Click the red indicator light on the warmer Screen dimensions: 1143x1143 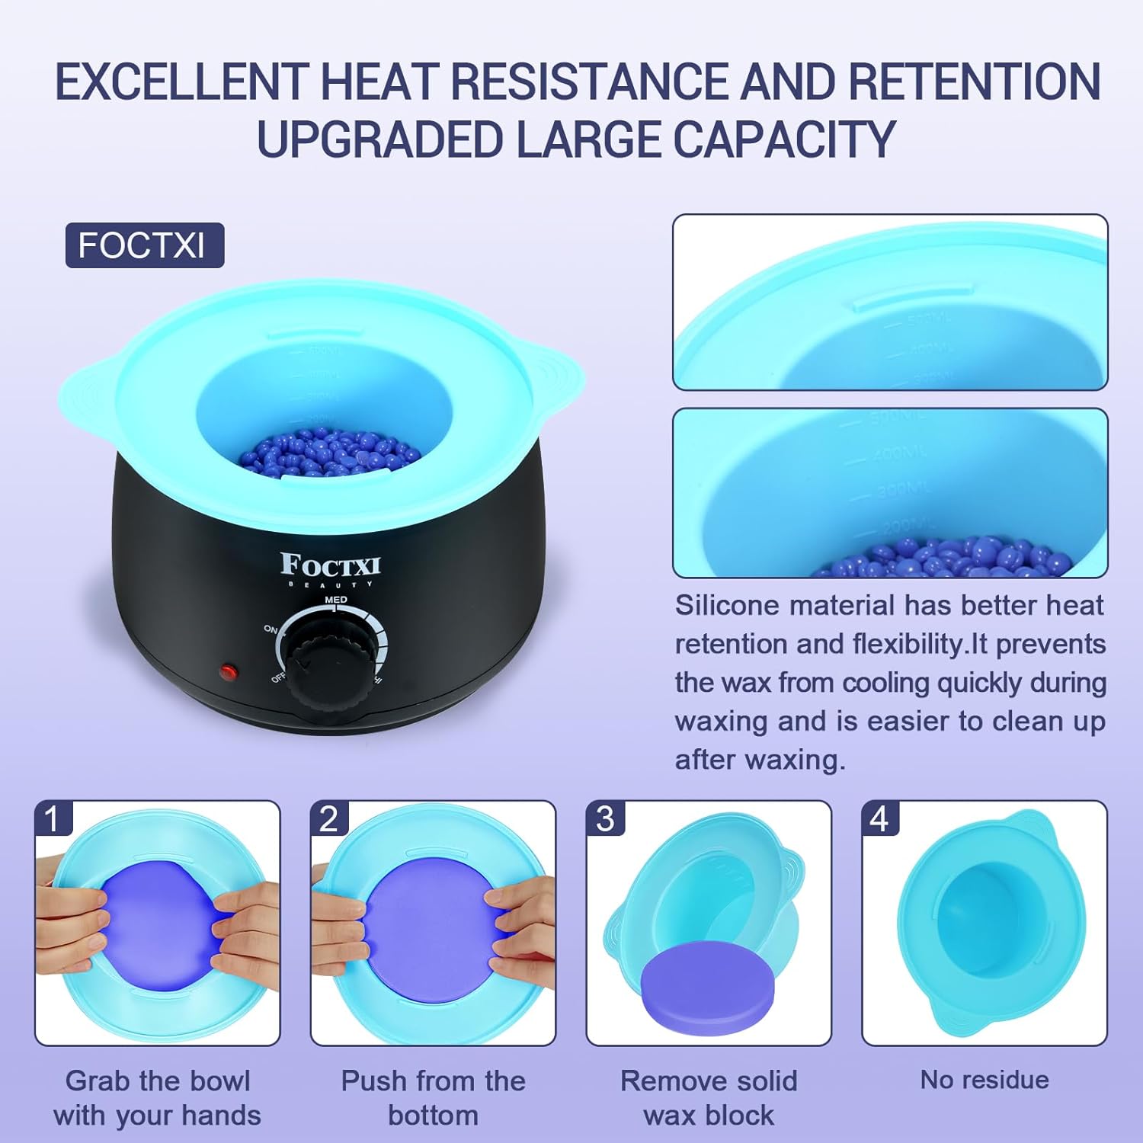click(228, 672)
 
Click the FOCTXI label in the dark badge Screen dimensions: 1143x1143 click(142, 245)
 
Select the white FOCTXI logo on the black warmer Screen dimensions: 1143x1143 click(330, 566)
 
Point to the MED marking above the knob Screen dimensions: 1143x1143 click(336, 600)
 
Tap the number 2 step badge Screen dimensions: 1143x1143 click(328, 819)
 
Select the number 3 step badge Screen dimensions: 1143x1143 click(605, 819)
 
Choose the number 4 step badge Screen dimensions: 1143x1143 click(880, 819)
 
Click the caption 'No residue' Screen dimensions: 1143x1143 click(984, 1080)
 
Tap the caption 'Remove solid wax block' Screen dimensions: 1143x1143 click(709, 1097)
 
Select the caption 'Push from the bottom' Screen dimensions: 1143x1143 click(433, 1097)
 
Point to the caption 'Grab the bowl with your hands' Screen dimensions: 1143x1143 click(158, 1097)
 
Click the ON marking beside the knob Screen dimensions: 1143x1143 click(270, 629)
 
